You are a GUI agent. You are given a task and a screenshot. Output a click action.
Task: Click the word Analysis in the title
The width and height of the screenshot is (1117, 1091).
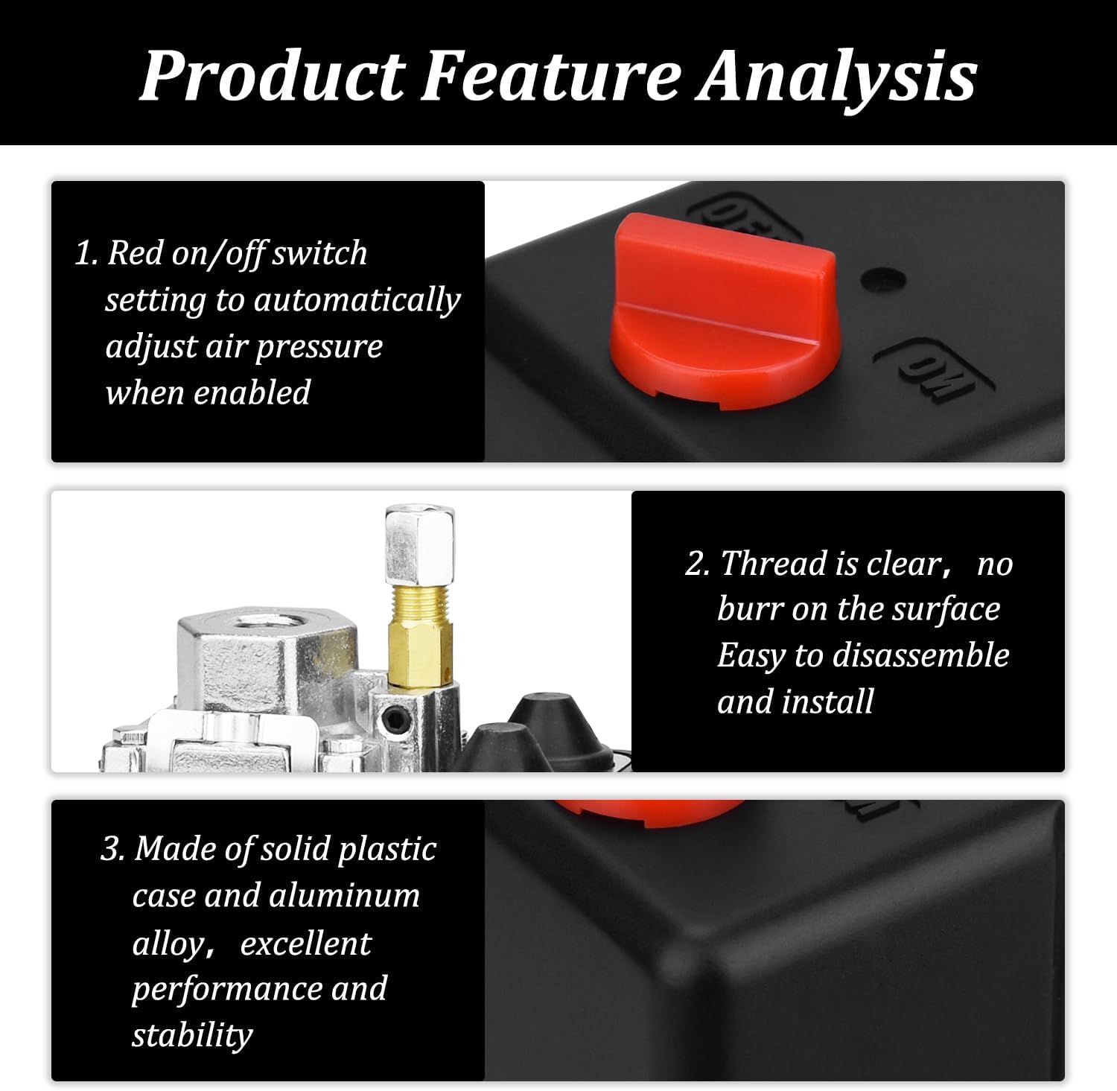coord(836,76)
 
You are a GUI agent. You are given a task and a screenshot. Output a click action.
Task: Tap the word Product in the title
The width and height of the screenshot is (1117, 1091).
coord(273,76)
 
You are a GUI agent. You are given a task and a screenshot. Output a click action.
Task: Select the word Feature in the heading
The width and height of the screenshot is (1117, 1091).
coord(551,76)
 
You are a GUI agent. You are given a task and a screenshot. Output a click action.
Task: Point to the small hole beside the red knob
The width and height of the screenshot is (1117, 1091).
coord(883,280)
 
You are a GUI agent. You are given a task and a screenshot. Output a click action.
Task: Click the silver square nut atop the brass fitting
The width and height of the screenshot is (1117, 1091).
coord(419,544)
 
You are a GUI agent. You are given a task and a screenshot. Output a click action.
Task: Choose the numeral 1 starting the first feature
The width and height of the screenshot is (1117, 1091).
coord(84,253)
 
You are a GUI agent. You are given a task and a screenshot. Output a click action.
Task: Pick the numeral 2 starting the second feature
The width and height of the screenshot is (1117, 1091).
coord(696,564)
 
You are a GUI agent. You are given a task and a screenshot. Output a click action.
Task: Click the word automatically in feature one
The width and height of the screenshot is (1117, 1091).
coord(357,300)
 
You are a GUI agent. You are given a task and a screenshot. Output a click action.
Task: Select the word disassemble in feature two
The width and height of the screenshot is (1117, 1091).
coord(920,655)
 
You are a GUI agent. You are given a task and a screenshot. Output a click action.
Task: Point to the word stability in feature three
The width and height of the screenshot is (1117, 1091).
coord(192,1035)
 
